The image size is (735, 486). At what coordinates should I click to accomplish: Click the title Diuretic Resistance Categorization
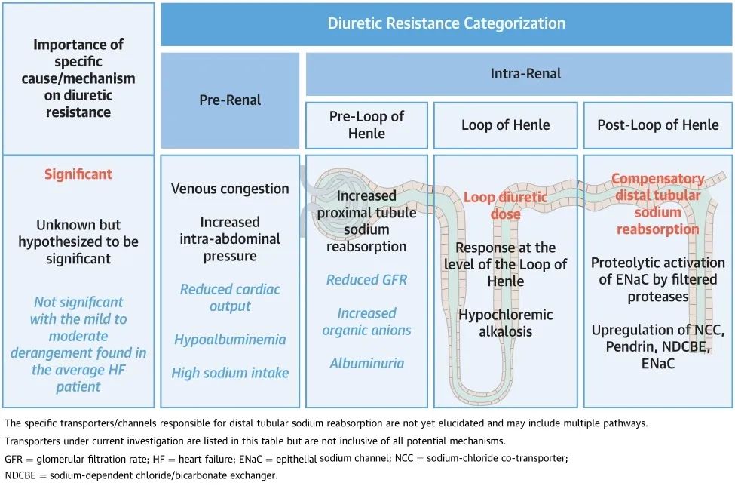point(446,23)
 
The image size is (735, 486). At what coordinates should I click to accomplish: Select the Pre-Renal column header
point(230,100)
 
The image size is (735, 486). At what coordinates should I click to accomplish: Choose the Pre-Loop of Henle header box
point(366,125)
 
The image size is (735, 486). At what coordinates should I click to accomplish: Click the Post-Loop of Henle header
point(657,125)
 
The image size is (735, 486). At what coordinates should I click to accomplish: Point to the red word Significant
point(78,174)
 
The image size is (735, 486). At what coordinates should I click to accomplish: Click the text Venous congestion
point(230,189)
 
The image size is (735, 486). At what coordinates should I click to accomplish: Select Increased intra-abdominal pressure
point(230,238)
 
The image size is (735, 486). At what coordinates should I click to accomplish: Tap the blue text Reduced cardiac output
point(230,298)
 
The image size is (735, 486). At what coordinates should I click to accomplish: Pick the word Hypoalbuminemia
point(230,340)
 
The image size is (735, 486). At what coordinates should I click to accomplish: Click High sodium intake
point(230,373)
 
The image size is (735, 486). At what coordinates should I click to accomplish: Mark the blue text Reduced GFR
point(366,280)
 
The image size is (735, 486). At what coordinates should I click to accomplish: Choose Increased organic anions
point(366,321)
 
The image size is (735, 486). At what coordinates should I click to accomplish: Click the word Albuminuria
point(366,364)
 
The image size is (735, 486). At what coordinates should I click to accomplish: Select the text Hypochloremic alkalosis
point(505,323)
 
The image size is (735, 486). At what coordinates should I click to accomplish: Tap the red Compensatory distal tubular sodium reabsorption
point(657,204)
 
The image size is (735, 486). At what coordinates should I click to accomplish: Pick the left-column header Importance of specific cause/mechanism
point(78,78)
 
